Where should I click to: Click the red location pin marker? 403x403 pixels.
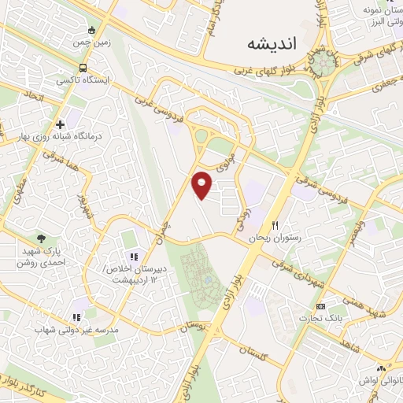click(x=203, y=184)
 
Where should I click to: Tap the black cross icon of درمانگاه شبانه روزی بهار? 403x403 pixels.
click(x=60, y=124)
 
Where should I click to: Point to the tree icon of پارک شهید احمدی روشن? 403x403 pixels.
click(x=40, y=238)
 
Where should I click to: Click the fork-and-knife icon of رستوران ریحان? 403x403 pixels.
click(x=275, y=225)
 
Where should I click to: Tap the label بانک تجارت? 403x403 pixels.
click(x=318, y=318)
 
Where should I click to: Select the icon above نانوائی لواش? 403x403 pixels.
click(x=382, y=368)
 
